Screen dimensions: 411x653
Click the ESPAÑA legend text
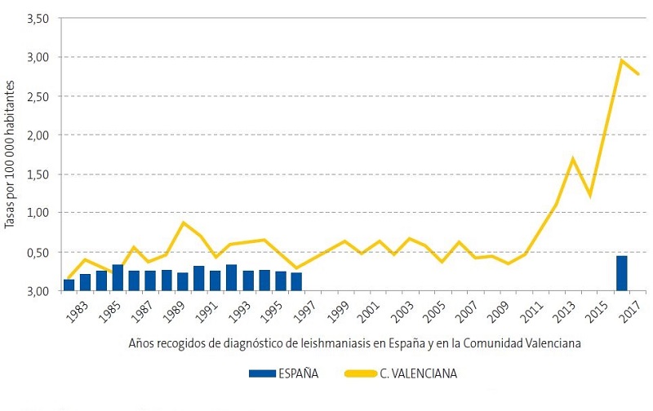pyautogui.click(x=299, y=374)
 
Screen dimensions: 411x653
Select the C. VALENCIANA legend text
pyautogui.click(x=418, y=374)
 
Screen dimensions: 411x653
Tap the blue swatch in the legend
pyautogui.click(x=264, y=374)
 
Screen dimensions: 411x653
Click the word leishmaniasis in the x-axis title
pyautogui.click(x=326, y=343)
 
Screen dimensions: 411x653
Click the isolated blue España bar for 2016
pyautogui.click(x=622, y=273)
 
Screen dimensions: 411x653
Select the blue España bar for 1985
pyautogui.click(x=118, y=277)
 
